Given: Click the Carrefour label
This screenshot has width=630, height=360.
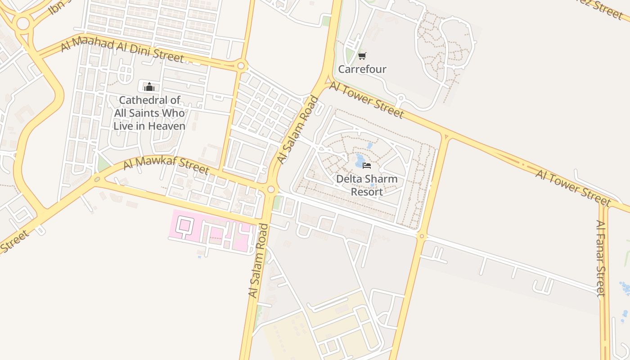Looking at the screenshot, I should tap(362, 69).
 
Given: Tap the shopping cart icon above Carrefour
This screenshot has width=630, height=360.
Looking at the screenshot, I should tap(362, 56).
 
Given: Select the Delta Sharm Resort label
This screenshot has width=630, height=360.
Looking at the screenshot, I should tap(367, 185).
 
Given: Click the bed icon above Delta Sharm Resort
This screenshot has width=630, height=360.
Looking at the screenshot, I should tap(367, 166).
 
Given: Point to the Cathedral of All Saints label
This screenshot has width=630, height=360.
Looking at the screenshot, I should tap(149, 113).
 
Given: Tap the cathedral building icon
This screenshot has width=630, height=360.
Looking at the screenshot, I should tap(149, 86).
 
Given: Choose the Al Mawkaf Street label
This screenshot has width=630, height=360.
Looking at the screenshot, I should tap(166, 165).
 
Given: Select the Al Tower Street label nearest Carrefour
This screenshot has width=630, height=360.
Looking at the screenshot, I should tap(366, 100).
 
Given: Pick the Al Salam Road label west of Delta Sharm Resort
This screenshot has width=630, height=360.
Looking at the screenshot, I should tap(298, 130).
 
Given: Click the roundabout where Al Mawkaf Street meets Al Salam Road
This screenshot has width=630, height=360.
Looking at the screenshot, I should tap(271, 189).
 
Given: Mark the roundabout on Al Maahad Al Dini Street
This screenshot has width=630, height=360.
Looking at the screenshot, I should tap(241, 67).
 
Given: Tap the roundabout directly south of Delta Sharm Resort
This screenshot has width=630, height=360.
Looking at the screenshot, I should tap(422, 236).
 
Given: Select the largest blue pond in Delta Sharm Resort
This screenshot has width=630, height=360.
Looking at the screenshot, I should tap(360, 160).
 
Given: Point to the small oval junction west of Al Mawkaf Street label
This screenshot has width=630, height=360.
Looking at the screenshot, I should tap(97, 180).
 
